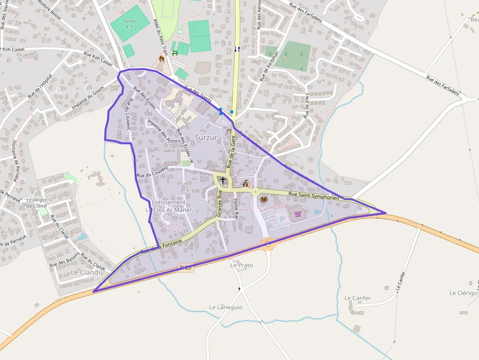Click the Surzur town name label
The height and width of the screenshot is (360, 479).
point(206,138)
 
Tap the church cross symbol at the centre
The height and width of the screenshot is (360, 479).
point(223,180)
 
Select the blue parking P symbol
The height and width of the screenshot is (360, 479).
point(282,220)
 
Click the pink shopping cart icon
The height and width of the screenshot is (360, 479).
point(298,214)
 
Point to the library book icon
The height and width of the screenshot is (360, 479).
point(264,199)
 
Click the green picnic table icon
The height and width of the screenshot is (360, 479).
point(175,53)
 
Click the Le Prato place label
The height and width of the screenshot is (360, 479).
point(241,265)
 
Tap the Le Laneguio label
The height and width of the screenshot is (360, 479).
point(226,307)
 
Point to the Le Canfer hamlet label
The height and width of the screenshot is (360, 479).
point(357,298)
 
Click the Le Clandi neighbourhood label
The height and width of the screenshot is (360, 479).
point(85,272)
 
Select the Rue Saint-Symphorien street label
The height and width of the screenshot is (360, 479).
point(314,196)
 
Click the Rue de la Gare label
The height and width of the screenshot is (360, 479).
point(231,152)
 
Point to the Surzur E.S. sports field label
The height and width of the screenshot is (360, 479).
point(130,23)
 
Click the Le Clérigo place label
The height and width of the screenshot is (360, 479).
point(463,293)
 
